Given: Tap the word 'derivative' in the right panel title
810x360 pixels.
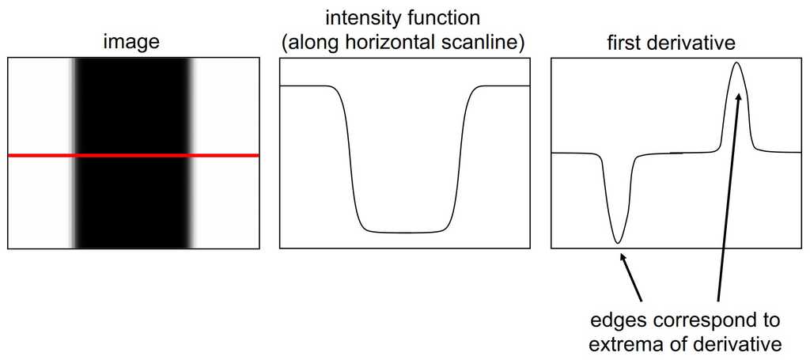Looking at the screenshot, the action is [x=692, y=43].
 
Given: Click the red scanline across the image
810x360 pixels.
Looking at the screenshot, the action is [x=133, y=155].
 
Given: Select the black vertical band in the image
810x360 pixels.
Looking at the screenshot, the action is [x=133, y=153].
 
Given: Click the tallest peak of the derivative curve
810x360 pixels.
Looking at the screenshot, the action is [x=736, y=63].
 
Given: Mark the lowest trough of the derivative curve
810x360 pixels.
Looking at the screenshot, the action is [x=617, y=242].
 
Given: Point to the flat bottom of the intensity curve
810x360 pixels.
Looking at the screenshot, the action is [x=405, y=232].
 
